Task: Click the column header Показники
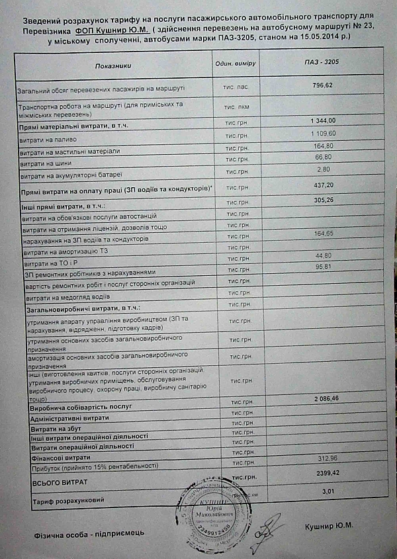113,67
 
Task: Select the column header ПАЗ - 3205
322,62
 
